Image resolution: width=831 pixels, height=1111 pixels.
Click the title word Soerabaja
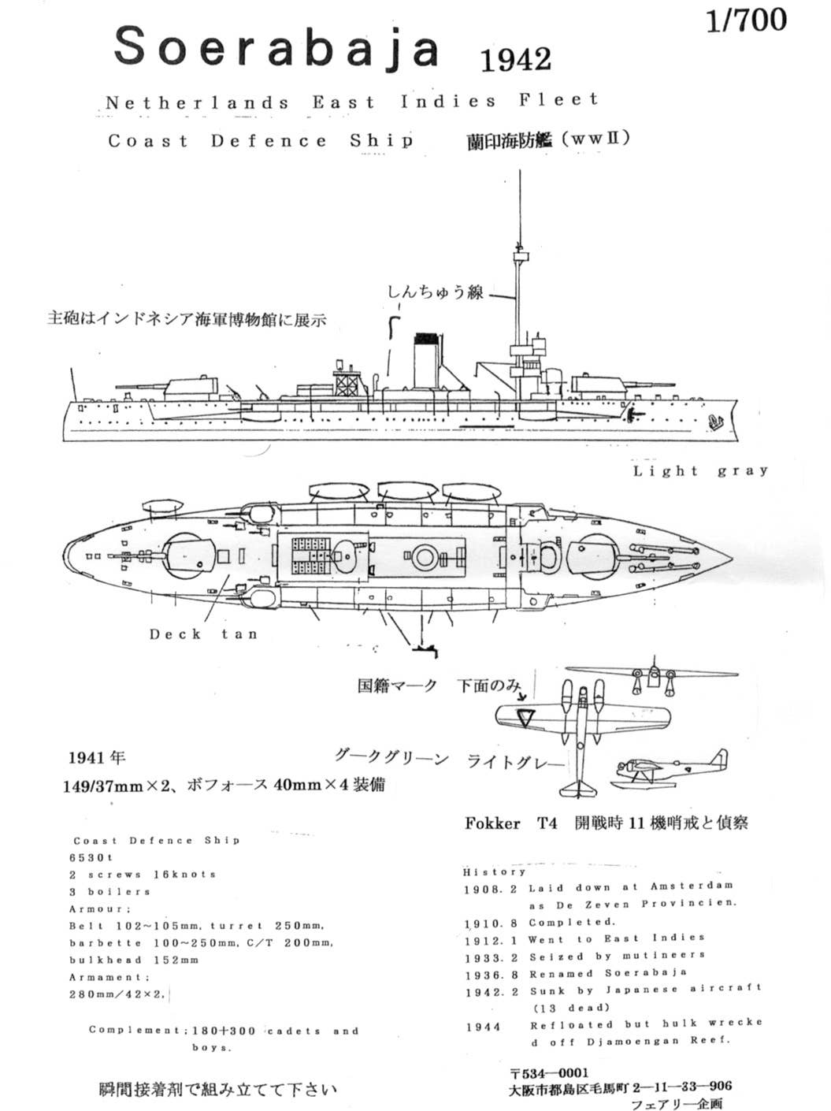pyautogui.click(x=276, y=47)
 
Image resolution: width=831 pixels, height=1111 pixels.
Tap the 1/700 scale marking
pyautogui.click(x=745, y=20)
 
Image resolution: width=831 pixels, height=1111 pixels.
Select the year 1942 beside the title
pyautogui.click(x=514, y=59)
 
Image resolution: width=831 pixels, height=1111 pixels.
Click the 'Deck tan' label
pyautogui.click(x=203, y=634)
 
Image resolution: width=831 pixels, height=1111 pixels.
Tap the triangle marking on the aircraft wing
pyautogui.click(x=524, y=717)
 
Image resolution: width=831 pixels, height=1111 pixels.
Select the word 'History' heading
pyautogui.click(x=494, y=872)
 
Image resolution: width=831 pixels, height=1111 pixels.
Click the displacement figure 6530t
pyautogui.click(x=91, y=857)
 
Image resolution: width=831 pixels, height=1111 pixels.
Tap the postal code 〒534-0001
pyautogui.click(x=548, y=1072)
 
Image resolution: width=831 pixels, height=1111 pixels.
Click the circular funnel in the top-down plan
pyautogui.click(x=425, y=557)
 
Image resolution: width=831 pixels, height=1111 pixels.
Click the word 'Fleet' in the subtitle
pyautogui.click(x=559, y=100)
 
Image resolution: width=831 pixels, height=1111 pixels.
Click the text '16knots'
pyautogui.click(x=184, y=875)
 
